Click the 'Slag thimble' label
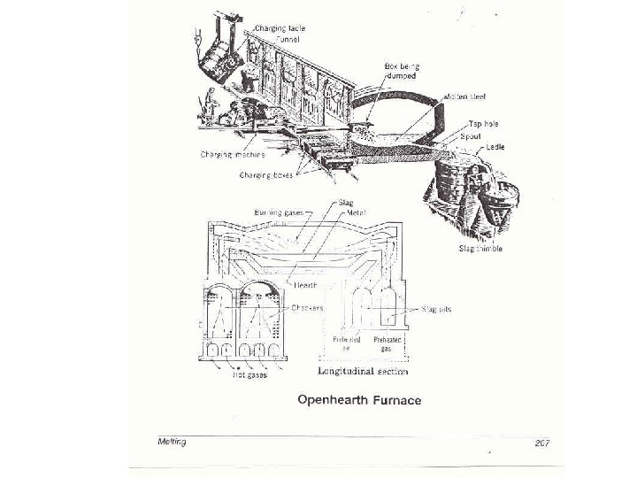point(480,249)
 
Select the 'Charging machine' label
point(231,154)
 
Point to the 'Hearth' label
point(306,284)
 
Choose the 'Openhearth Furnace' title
point(359,400)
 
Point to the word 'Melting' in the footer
point(166,441)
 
